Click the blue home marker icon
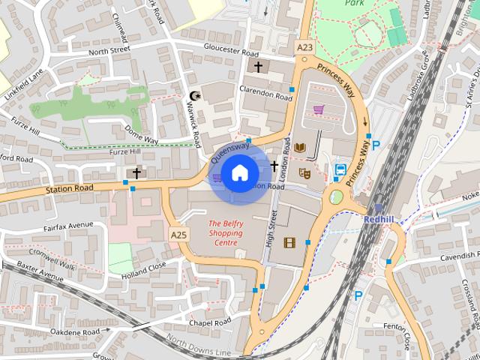tap(239, 173)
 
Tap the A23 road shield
tap(304, 47)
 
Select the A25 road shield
tap(178, 235)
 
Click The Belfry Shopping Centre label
tap(225, 232)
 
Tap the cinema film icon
tap(289, 241)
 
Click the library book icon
tap(300, 148)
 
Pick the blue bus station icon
tap(340, 169)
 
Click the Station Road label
tap(68, 187)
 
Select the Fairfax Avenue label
tap(68, 225)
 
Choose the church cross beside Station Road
tap(136, 173)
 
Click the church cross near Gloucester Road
tap(258, 67)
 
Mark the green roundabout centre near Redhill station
tap(335, 197)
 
